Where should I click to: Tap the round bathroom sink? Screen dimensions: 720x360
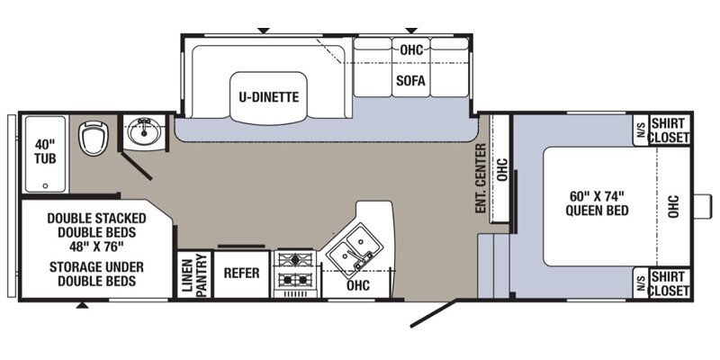point(144,131)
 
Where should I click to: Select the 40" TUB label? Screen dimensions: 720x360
point(45,151)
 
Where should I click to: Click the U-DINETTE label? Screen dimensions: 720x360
point(268,97)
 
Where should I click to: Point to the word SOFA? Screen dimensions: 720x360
point(411,81)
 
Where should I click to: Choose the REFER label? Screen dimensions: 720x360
point(241,274)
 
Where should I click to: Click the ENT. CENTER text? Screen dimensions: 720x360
point(481,178)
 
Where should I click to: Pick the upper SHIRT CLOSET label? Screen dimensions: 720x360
point(670,130)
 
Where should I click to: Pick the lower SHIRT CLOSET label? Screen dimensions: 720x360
point(670,283)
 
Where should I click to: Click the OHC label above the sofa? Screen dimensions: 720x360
point(411,50)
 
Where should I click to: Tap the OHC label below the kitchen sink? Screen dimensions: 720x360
point(358,285)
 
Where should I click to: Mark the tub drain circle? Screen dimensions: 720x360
point(45,186)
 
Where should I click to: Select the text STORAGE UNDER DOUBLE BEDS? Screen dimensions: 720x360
point(96,274)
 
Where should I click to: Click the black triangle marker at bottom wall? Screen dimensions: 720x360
point(82,305)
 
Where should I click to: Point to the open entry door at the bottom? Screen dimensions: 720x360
point(434,314)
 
